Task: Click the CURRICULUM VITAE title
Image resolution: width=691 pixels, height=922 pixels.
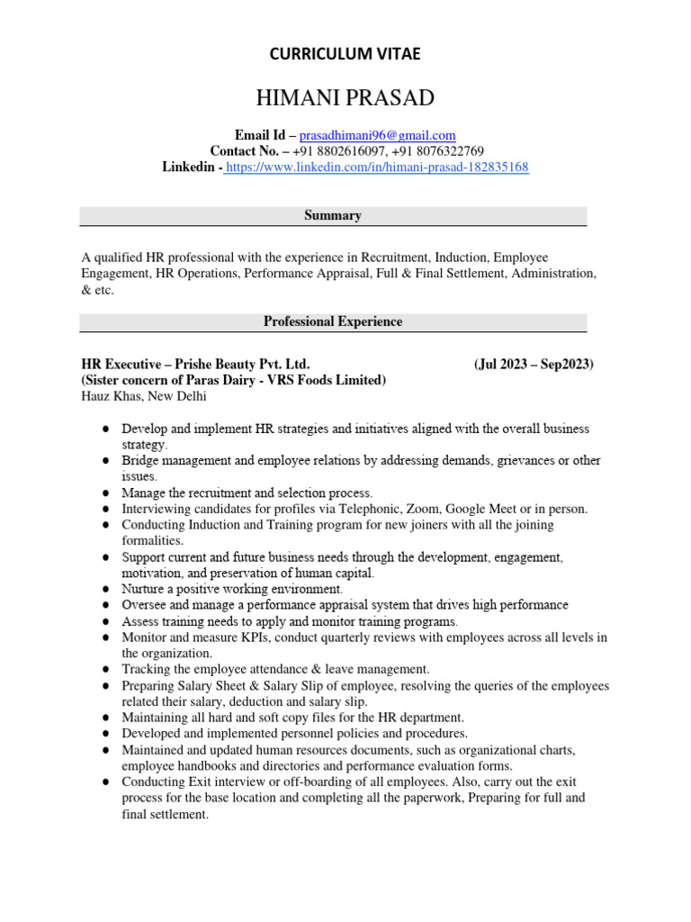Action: point(345,55)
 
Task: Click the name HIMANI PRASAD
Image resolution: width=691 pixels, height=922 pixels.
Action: point(345,98)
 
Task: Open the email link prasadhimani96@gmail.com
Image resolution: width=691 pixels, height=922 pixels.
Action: point(377,134)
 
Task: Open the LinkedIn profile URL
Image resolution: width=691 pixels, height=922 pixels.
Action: point(377,167)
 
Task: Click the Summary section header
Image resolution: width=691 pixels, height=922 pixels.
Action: point(333,215)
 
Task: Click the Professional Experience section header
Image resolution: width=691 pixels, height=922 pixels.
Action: point(333,321)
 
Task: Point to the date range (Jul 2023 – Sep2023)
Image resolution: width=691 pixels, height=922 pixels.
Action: point(533,364)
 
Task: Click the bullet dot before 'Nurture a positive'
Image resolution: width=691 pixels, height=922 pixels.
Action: point(106,589)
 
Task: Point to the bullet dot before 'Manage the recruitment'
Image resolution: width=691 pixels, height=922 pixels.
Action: point(106,493)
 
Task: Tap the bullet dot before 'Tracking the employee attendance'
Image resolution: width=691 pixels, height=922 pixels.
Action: point(106,669)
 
